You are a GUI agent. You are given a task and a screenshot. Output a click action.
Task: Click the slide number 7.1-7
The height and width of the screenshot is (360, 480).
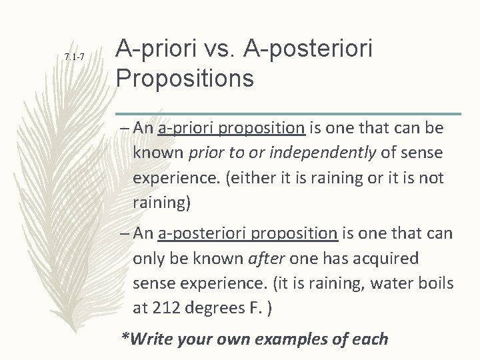(x=74, y=58)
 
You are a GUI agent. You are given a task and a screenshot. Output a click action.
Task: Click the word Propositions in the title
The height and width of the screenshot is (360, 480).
(x=185, y=77)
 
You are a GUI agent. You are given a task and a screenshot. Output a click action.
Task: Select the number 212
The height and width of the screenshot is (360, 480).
(x=165, y=309)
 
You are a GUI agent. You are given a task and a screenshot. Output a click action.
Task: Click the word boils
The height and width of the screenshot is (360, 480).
(x=437, y=284)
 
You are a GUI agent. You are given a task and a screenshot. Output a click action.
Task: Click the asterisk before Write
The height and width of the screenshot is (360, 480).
(x=124, y=337)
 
